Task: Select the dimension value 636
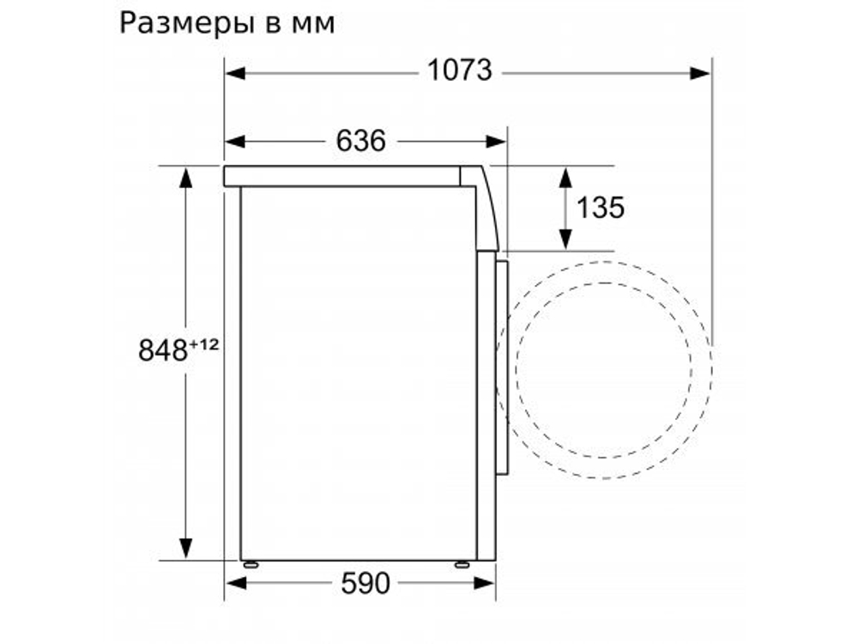pyautogui.click(x=360, y=141)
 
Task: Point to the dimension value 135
pyautogui.click(x=601, y=207)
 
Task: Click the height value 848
pyautogui.click(x=163, y=350)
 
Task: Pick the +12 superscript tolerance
pyautogui.click(x=205, y=344)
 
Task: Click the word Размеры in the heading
pyautogui.click(x=181, y=23)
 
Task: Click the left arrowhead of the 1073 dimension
pyautogui.click(x=235, y=73)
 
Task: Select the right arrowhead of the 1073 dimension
pyautogui.click(x=701, y=73)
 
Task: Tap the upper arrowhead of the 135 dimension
pyautogui.click(x=565, y=177)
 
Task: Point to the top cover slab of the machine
pyautogui.click(x=343, y=176)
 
